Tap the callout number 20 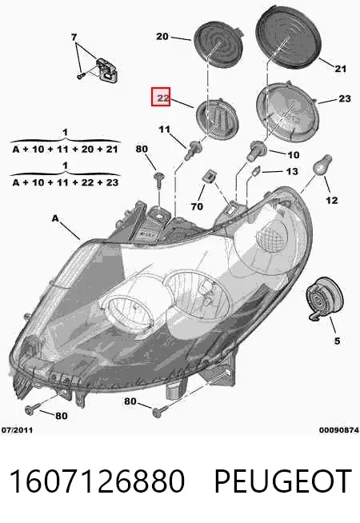coord(162,36)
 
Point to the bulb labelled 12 coord(324,165)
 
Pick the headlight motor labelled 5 coord(324,298)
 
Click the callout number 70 coord(197,206)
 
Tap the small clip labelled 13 coord(256,171)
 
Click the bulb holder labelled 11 coord(194,150)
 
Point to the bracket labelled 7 coord(106,70)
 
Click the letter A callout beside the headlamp coord(55,218)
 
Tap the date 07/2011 coord(18,430)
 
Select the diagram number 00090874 coord(339,430)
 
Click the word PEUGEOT coord(283,481)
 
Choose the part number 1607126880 coord(97,481)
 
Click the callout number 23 coord(345,98)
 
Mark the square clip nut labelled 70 coord(208,176)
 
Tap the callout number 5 coord(337,341)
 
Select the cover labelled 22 coord(218,119)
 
